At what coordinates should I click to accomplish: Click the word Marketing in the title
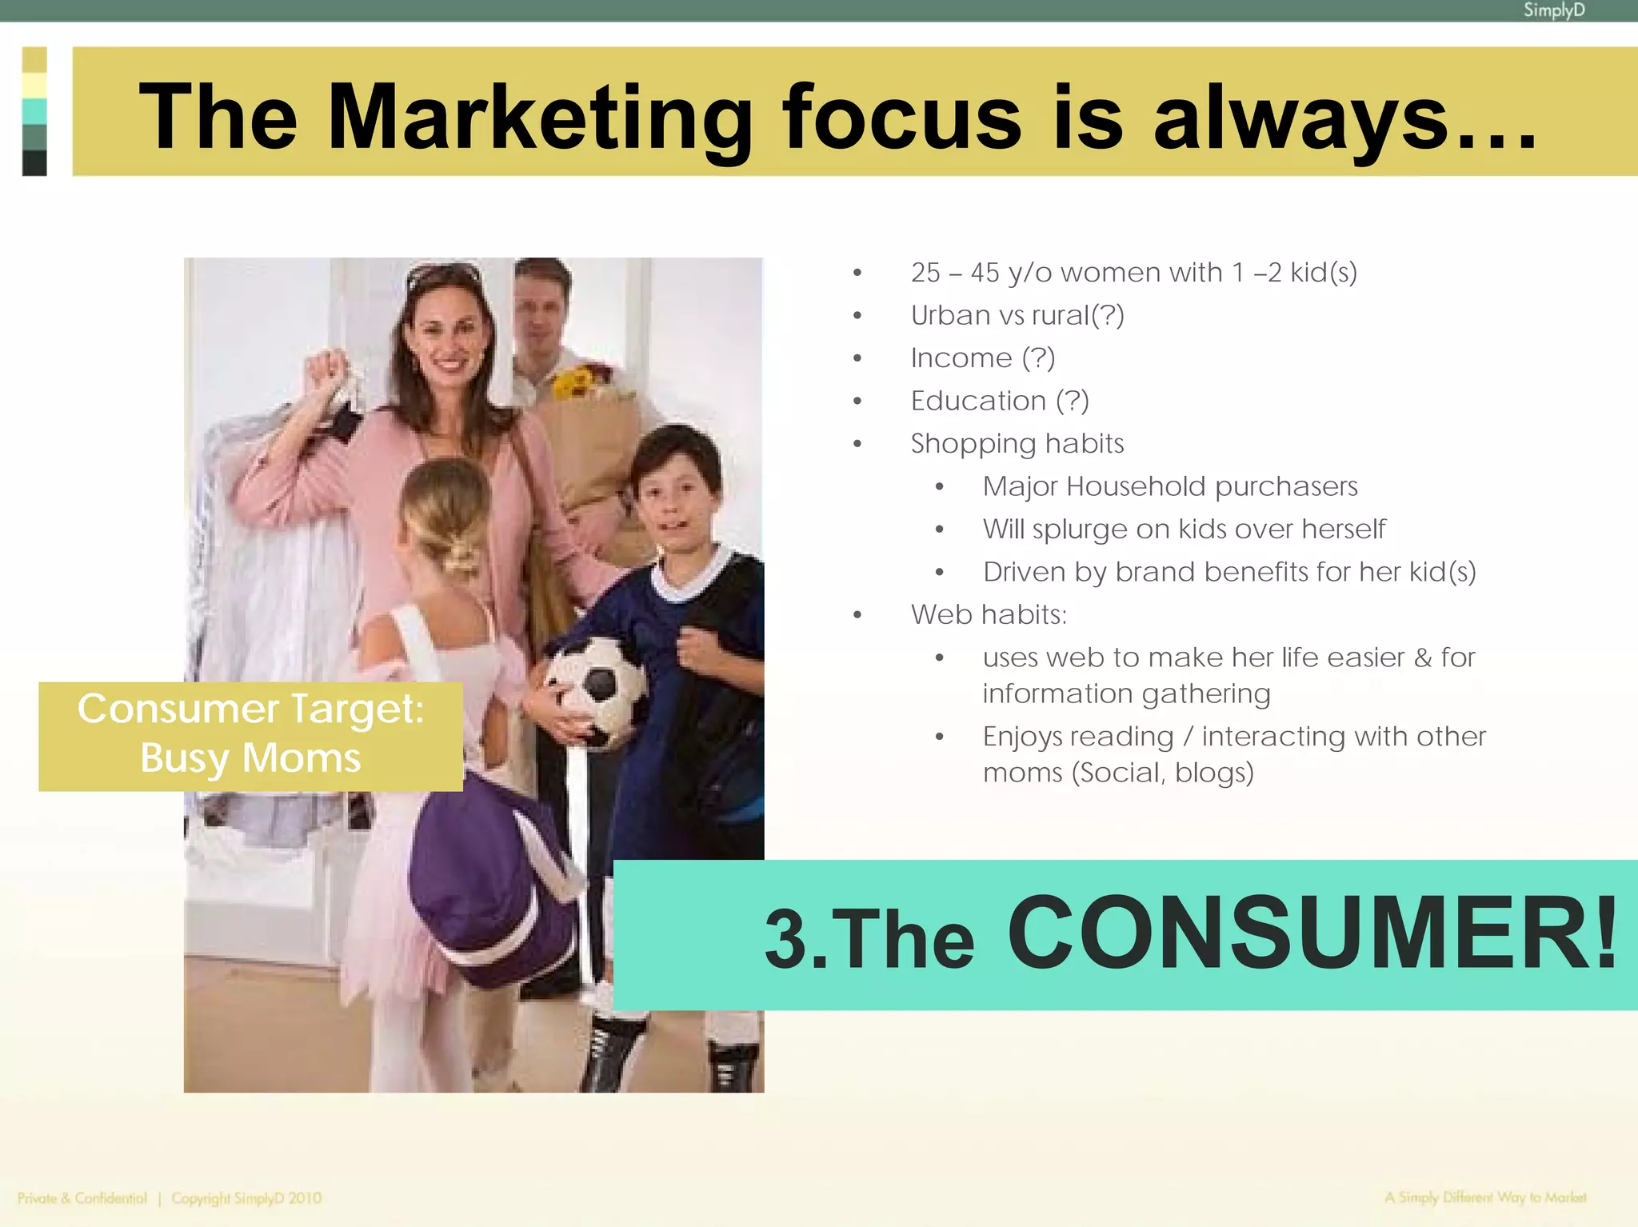(540, 118)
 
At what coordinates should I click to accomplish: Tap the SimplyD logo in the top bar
(1553, 10)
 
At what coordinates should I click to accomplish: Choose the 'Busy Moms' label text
(250, 757)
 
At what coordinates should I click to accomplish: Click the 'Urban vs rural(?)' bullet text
(1017, 315)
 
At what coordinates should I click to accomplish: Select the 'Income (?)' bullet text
(983, 358)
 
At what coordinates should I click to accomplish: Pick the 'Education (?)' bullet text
(1000, 400)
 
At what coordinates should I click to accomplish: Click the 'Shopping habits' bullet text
(1017, 443)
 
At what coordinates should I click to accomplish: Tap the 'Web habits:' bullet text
(989, 614)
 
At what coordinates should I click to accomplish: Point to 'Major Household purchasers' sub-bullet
(1170, 486)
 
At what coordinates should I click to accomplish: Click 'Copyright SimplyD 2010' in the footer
(246, 1198)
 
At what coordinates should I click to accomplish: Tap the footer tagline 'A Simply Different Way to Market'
(1485, 1197)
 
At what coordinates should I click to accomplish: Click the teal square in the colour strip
(34, 111)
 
